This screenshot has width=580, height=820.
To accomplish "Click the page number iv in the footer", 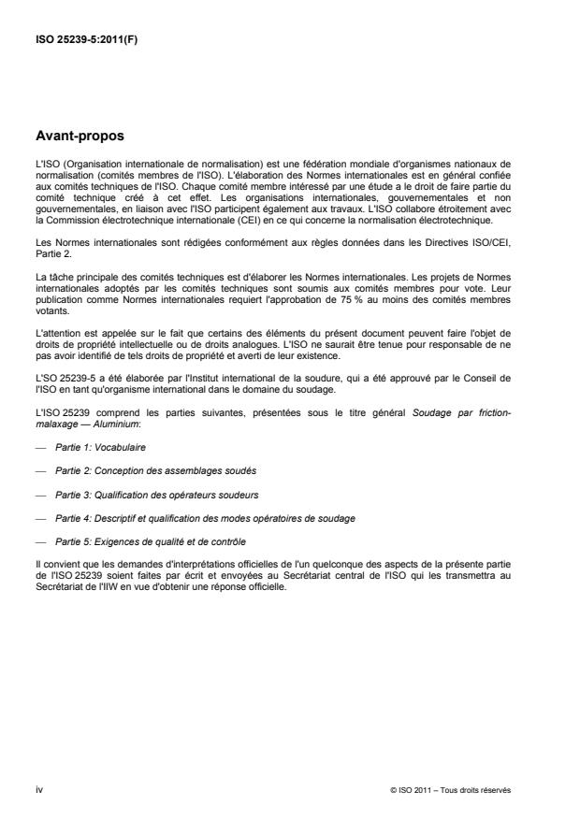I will tap(39, 788).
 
